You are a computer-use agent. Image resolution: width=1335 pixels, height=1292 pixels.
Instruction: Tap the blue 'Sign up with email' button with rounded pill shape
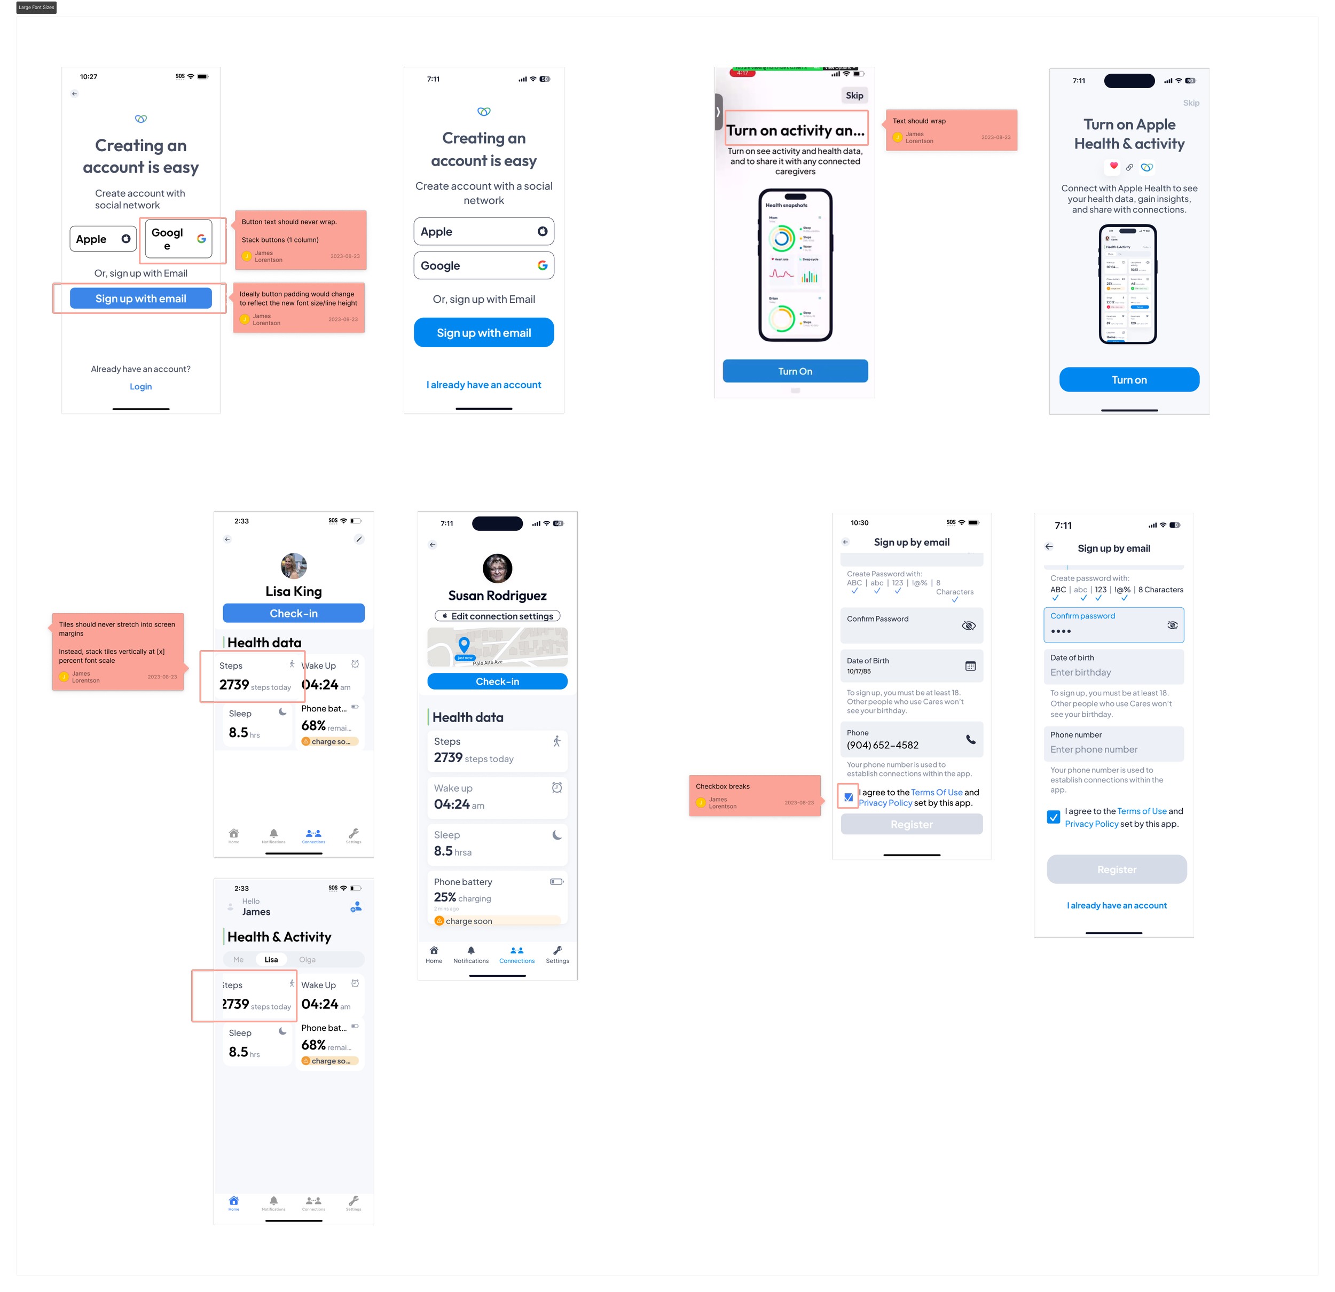tap(484, 333)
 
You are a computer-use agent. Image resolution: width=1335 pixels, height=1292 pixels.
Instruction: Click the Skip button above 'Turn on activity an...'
tap(854, 96)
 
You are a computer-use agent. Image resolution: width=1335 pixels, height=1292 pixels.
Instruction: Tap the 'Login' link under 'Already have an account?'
tap(141, 386)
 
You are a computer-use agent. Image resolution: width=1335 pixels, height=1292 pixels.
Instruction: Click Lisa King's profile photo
tap(294, 566)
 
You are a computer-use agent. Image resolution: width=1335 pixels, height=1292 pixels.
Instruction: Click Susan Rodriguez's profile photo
tap(497, 568)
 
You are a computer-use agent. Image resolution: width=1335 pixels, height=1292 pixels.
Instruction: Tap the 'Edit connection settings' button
tap(497, 616)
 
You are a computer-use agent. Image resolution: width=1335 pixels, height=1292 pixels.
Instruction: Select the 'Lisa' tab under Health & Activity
tap(271, 959)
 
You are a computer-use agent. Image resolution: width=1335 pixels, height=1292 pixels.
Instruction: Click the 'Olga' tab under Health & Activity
tap(307, 959)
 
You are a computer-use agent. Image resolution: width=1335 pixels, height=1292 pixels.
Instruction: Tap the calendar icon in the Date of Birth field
tap(970, 665)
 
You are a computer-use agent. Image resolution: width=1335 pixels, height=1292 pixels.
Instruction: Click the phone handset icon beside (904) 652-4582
tap(971, 739)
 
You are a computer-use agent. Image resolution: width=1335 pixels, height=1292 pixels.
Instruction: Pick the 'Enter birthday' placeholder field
tap(1113, 672)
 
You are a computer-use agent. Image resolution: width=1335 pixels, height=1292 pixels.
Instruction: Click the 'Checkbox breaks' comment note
tap(754, 796)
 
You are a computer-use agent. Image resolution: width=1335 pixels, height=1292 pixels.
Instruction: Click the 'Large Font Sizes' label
tap(36, 7)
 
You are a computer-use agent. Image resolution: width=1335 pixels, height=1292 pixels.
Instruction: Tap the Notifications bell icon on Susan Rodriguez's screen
tap(470, 951)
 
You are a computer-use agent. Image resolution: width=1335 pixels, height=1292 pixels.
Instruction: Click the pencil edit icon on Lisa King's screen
tap(359, 539)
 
